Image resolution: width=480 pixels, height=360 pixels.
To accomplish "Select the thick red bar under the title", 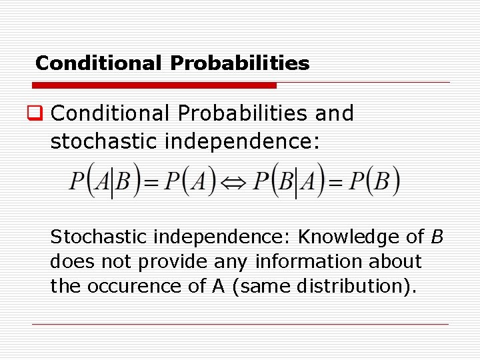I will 155,85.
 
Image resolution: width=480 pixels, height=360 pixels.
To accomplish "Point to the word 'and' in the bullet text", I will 334,113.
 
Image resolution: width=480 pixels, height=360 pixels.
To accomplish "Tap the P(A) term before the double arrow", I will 192,181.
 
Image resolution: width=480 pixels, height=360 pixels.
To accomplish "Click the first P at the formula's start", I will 78,181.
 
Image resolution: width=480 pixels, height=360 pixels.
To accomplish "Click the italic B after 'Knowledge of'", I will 437,237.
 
